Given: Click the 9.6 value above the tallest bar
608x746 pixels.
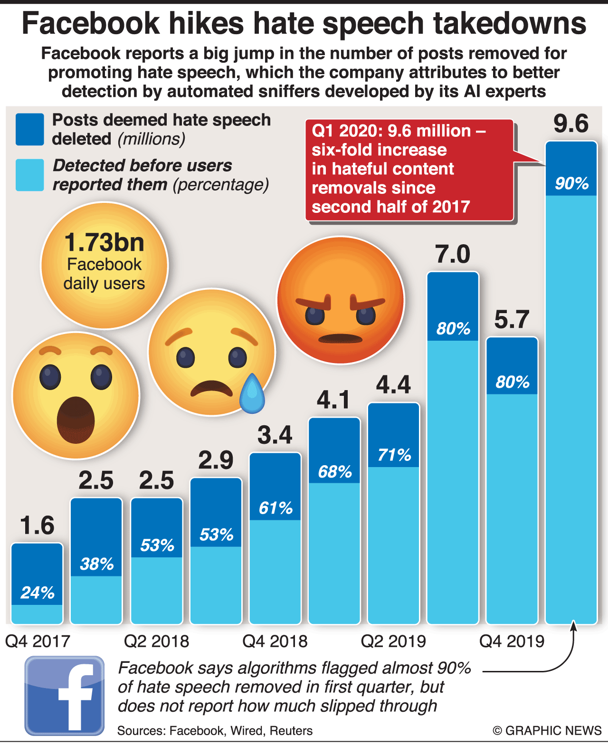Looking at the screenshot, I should tap(571, 124).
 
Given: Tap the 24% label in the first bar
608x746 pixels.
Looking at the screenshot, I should tap(38, 593).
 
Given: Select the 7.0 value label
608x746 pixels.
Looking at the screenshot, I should tap(453, 254).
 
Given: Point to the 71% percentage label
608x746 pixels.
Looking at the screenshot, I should tap(394, 455).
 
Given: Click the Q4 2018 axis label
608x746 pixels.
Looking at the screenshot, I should tap(275, 641).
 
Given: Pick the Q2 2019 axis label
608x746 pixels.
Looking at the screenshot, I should tap(393, 641).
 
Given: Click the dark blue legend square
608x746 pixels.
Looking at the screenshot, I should tap(29, 129).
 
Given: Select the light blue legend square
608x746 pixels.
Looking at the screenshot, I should tap(29, 175).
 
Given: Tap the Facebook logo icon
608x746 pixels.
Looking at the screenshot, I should tap(65, 696).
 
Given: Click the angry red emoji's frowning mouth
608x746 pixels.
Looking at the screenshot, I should tap(341, 338).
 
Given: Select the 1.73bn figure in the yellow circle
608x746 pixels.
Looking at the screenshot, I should tap(104, 242).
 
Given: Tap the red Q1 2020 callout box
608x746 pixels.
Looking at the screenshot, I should tap(409, 170).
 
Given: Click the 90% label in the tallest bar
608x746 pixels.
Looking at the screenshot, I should tap(571, 183).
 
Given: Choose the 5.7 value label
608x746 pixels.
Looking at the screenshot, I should tap(512, 319).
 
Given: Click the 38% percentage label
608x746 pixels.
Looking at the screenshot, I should tap(97, 564).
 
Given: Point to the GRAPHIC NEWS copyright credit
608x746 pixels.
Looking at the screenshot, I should tap(547, 730).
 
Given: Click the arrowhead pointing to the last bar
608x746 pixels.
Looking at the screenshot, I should tap(573, 626).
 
